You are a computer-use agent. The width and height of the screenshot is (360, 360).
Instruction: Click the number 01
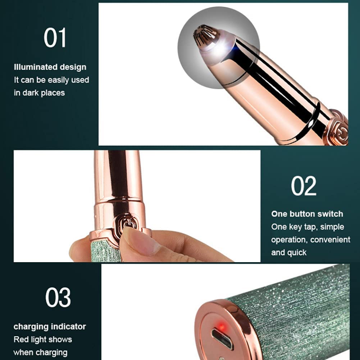point(55,38)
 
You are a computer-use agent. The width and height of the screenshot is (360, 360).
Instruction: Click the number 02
point(304,186)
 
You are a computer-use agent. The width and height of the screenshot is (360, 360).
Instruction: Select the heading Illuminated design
point(50,67)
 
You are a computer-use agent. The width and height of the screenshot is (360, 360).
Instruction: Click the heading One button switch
point(307,214)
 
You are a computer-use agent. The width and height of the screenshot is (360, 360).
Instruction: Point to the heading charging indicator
point(50,327)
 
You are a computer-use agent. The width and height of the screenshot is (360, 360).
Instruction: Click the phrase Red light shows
point(43,340)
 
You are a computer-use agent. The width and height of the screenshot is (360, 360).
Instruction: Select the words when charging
point(40,352)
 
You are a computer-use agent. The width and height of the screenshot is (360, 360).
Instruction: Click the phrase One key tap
point(293,227)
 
